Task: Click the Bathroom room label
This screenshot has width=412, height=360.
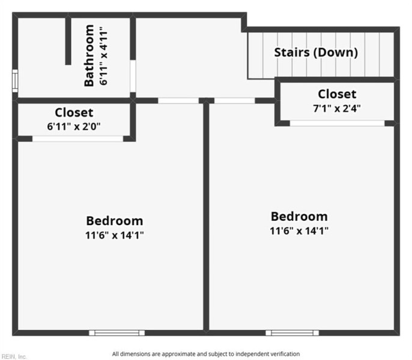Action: pos(89,55)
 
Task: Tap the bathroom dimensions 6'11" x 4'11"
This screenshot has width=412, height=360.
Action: pos(103,55)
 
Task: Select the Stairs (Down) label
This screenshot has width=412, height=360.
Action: pos(316,52)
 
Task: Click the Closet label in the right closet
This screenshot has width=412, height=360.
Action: pos(336,94)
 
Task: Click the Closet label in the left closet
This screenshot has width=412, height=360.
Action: pos(74,113)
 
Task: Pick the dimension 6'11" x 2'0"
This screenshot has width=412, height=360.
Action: pos(74,126)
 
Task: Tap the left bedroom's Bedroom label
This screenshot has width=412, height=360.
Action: pos(114,221)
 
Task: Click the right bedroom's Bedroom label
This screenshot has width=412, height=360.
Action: pos(299,217)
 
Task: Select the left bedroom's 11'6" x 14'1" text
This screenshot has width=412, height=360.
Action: pos(114,235)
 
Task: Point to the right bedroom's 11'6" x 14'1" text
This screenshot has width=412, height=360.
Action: pos(299,230)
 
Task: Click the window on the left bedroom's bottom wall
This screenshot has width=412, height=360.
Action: pos(117,332)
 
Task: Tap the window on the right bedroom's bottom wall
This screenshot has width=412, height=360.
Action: pos(292,332)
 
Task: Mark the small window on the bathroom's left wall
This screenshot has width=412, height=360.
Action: pos(15,80)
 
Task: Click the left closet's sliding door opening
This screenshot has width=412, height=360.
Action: pos(78,139)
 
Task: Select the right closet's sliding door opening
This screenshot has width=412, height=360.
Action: pos(337,124)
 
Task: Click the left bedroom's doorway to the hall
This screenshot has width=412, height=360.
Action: pos(178,101)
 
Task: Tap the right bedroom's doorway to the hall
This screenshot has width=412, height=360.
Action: pos(234,101)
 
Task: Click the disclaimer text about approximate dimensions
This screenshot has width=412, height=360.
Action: pos(205,354)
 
